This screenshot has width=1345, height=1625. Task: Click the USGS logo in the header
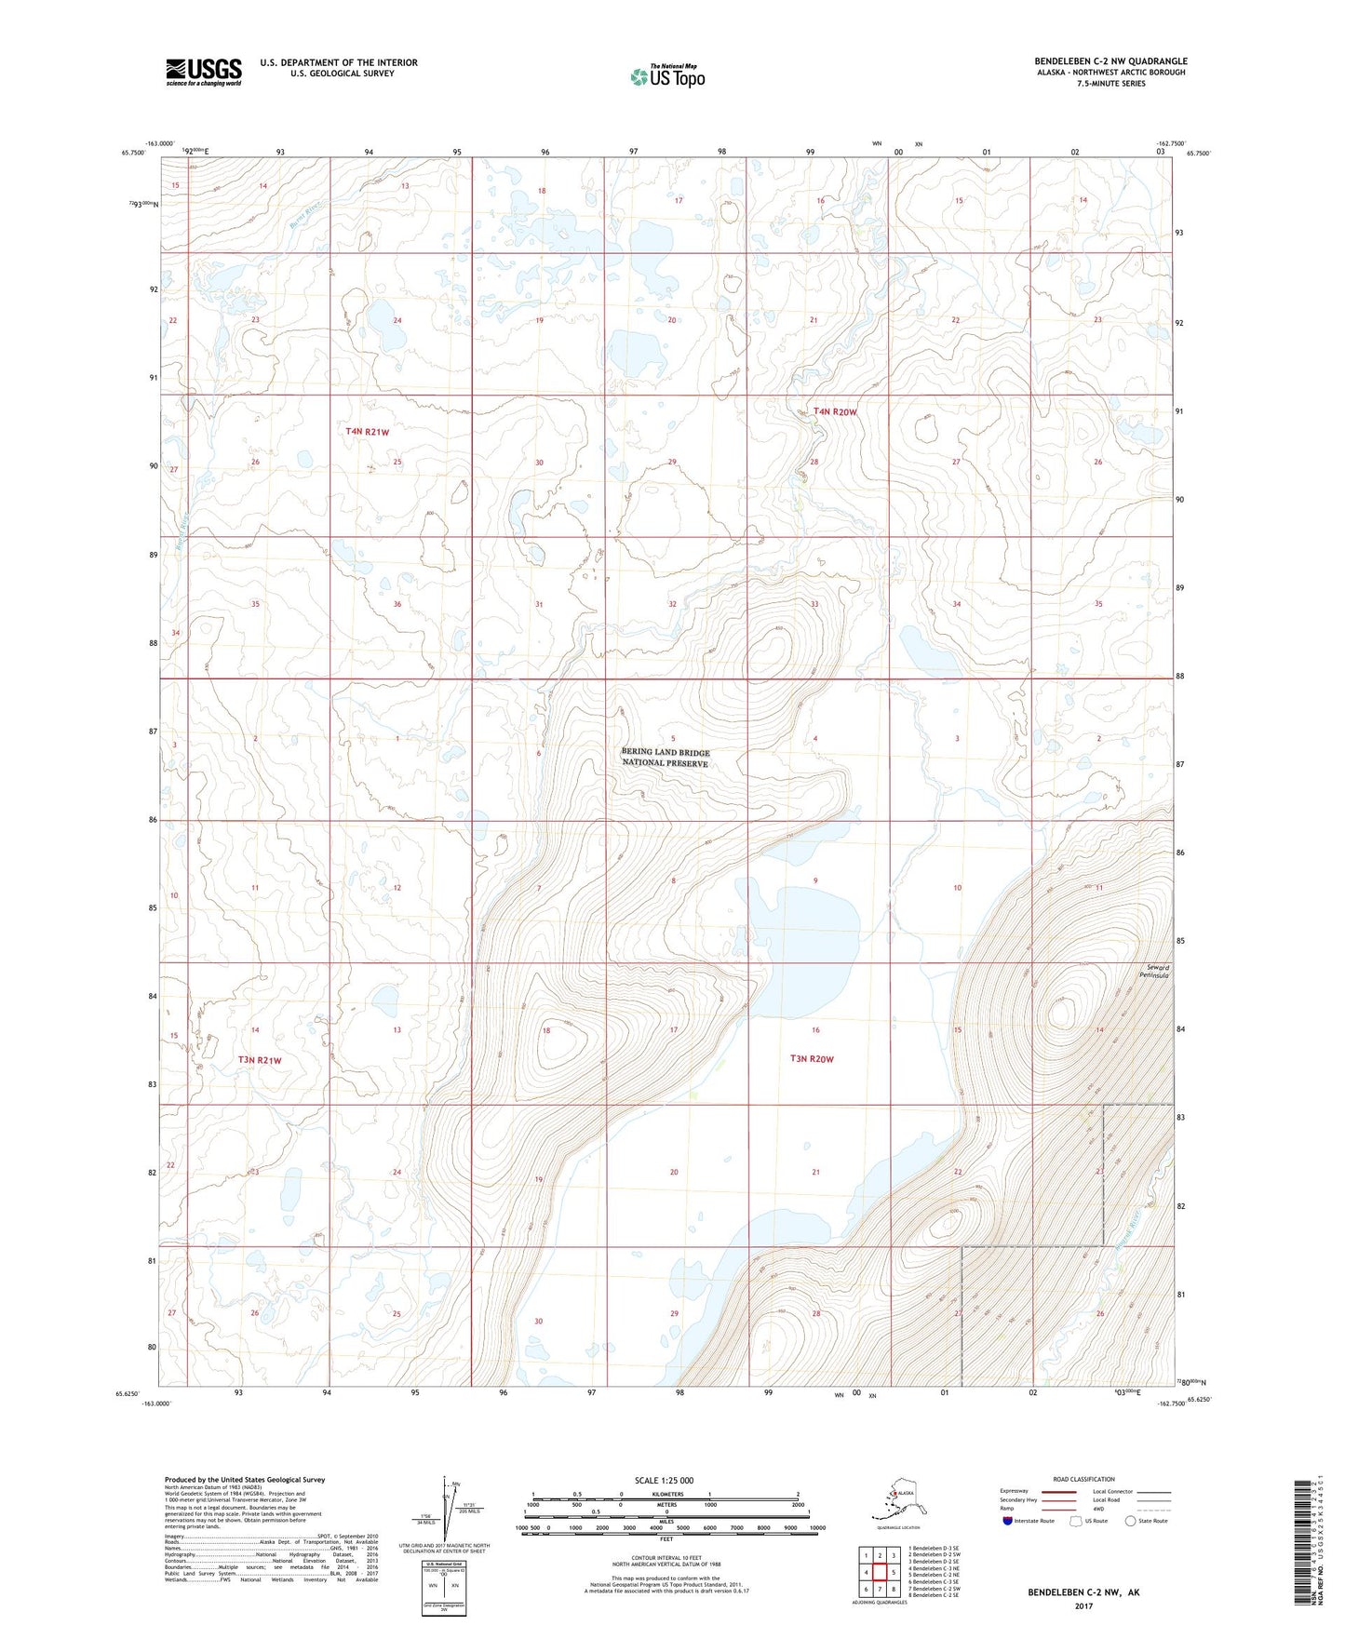pyautogui.click(x=203, y=72)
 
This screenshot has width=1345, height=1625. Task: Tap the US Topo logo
pyautogui.click(x=667, y=76)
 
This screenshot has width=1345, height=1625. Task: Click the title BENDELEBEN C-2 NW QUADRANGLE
pyautogui.click(x=1110, y=61)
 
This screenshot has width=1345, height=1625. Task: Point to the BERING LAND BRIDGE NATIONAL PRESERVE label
pyautogui.click(x=665, y=758)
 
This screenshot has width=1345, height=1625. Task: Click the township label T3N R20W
pyautogui.click(x=812, y=1058)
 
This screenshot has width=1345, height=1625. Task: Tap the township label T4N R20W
pyautogui.click(x=834, y=411)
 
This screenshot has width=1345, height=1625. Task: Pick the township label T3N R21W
pyautogui.click(x=259, y=1060)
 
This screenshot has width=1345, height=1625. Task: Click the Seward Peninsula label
pyautogui.click(x=1153, y=972)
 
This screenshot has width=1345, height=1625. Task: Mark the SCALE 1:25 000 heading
pyautogui.click(x=665, y=1480)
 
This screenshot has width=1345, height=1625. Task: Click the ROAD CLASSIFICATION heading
pyautogui.click(x=1083, y=1479)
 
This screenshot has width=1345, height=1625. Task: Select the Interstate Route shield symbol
pyautogui.click(x=1008, y=1521)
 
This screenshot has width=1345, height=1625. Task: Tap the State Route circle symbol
pyautogui.click(x=1131, y=1521)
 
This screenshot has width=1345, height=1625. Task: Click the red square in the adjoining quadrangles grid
pyautogui.click(x=880, y=1573)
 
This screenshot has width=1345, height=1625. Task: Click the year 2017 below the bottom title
pyautogui.click(x=1083, y=1605)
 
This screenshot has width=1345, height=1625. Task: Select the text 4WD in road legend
pyautogui.click(x=1098, y=1509)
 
